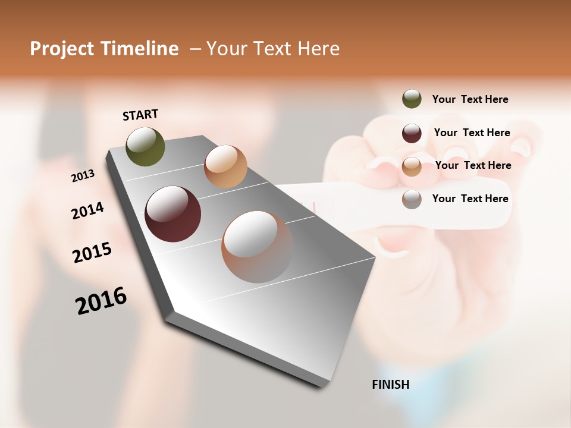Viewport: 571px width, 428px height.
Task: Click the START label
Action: tap(140, 115)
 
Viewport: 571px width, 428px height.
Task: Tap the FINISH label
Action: tap(390, 385)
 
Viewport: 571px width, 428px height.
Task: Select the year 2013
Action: tap(83, 175)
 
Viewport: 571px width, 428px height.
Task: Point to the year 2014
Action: tap(87, 210)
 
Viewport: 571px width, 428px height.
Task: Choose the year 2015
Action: tap(92, 253)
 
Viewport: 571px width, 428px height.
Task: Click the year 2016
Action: tap(101, 301)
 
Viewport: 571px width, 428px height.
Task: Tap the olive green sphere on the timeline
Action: tap(145, 146)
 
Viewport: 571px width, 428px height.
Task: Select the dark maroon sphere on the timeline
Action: tap(173, 214)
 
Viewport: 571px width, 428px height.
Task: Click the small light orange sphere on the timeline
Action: tap(225, 166)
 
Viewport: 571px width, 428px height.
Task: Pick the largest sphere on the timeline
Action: tap(258, 247)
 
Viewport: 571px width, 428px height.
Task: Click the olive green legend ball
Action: tap(412, 99)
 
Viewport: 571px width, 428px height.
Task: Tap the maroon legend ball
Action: tap(412, 133)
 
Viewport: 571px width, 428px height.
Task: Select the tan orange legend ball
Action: tap(412, 166)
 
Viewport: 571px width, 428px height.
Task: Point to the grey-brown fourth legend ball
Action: tap(412, 199)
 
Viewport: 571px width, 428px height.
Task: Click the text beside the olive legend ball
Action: tap(470, 99)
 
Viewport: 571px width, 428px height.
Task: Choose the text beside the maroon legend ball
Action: tap(472, 133)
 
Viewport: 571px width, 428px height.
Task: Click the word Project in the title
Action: tap(62, 49)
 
